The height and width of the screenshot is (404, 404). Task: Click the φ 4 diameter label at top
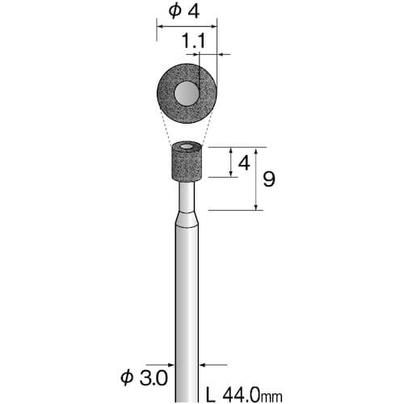[x=184, y=11]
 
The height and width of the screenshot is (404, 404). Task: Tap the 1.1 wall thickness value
[x=194, y=41]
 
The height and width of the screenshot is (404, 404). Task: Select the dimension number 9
[x=269, y=179]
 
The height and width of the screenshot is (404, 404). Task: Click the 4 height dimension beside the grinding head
[x=244, y=163]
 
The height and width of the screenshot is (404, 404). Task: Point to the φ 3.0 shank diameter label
[x=144, y=377]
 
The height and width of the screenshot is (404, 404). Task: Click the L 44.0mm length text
[x=244, y=395]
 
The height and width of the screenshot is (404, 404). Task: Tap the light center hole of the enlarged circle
[x=187, y=93]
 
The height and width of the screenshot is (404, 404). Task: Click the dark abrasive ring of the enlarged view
[x=166, y=93]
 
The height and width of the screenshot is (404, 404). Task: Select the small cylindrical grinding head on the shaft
[x=187, y=162]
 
